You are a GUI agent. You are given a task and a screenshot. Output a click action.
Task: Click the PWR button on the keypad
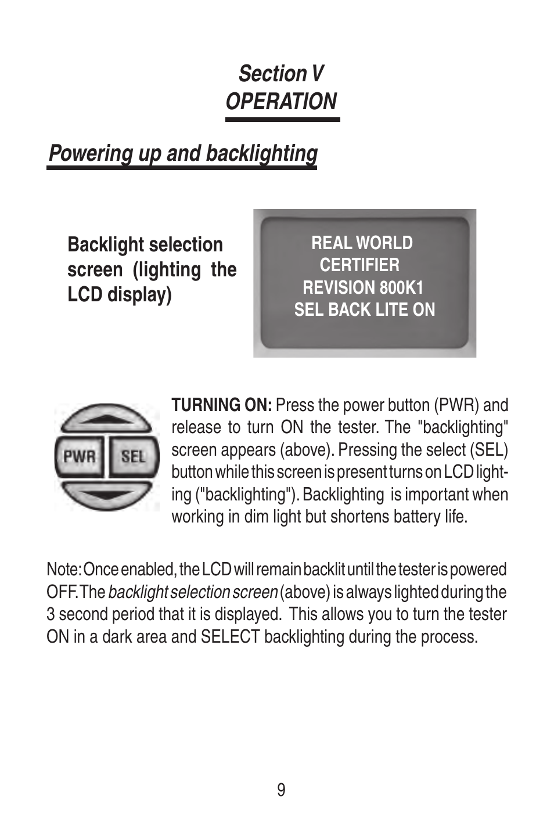pos(79,456)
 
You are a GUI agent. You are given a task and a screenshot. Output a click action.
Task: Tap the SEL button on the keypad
pos(133,456)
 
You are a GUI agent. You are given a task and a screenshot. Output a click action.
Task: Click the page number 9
pos(281,790)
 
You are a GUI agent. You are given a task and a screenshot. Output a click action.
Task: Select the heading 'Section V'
pos(281,74)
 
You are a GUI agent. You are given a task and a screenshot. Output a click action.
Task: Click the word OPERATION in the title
pos(281,102)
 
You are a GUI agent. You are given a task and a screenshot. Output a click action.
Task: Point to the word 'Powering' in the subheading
pos(90,154)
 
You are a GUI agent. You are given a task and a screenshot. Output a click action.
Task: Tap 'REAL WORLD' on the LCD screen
pos(362,243)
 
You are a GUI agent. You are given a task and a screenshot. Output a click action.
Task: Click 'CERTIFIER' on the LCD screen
pos(359,265)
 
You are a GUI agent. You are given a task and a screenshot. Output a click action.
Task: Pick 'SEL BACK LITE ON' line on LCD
pos(364,310)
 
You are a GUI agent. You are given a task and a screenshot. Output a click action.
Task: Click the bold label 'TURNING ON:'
pos(221,405)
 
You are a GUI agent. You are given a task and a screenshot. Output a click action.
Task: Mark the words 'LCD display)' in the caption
pos(120,294)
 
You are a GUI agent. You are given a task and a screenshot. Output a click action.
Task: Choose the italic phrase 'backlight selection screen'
pos(193,592)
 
